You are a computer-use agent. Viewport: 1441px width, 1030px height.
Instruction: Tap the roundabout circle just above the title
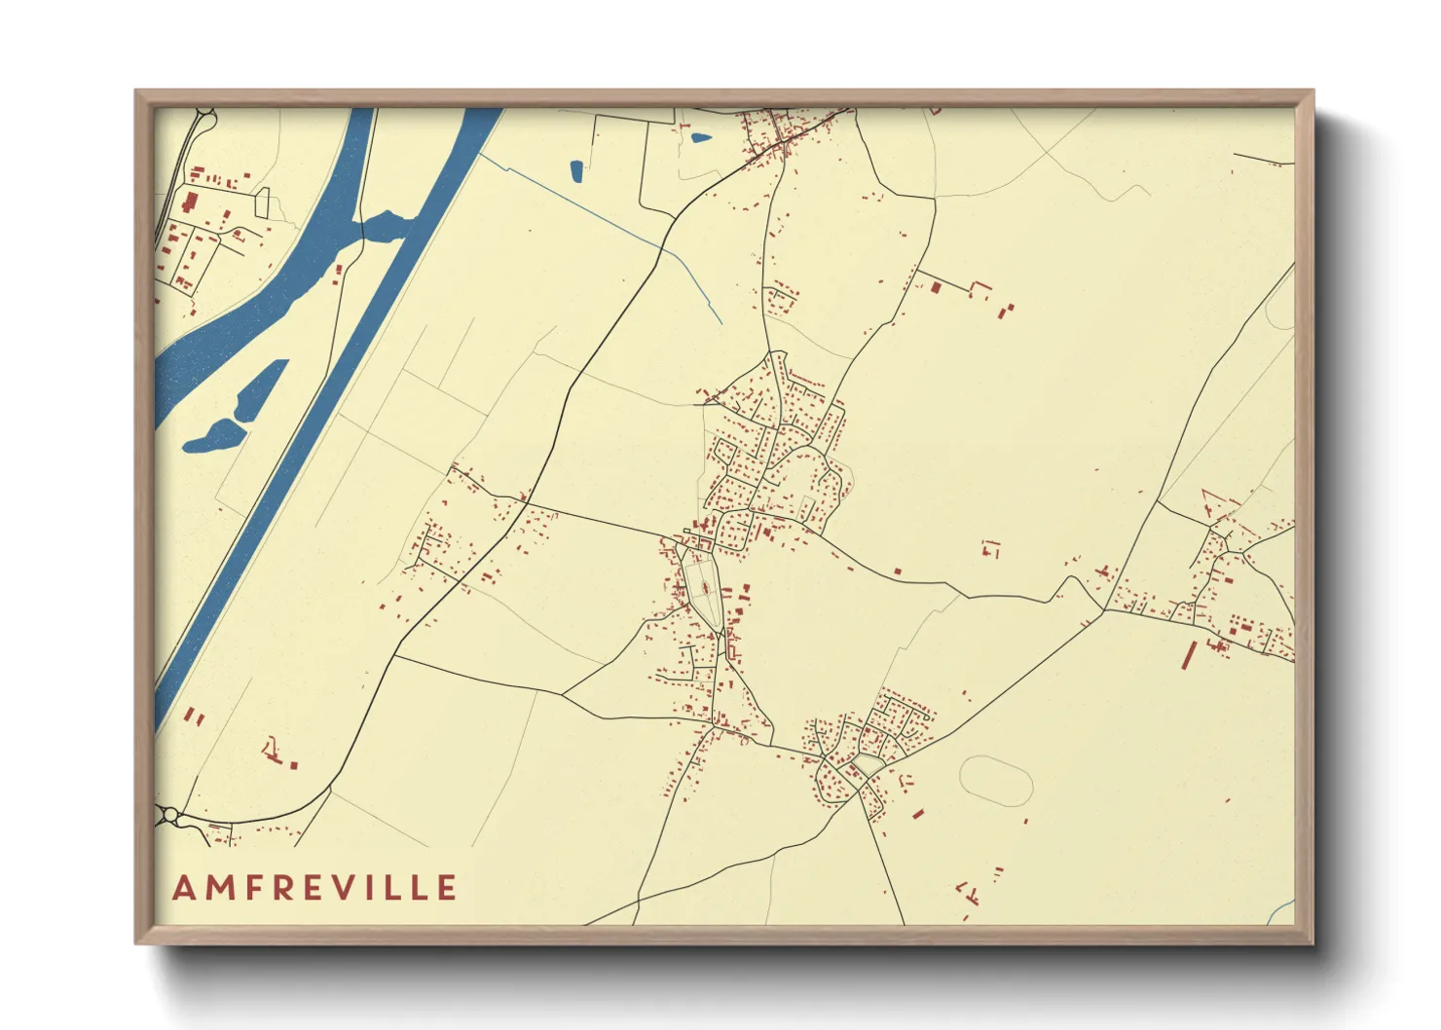[170, 814]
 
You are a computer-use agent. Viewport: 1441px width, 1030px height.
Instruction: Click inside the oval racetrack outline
[995, 782]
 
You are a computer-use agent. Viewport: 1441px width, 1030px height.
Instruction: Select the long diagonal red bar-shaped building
[1189, 655]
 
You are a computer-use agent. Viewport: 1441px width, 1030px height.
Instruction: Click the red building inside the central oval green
[703, 587]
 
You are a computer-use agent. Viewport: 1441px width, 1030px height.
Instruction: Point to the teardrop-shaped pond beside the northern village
[700, 137]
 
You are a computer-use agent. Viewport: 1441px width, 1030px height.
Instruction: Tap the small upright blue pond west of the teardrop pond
[576, 171]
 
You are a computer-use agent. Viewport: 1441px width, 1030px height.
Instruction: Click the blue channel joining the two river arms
[387, 226]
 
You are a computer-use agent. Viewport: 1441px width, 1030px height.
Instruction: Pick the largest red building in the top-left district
[189, 202]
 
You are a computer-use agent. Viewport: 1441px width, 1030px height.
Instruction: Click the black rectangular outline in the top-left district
[261, 202]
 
